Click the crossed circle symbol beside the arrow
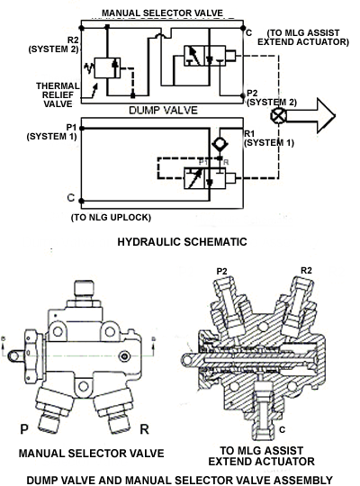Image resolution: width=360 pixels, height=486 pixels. click(x=278, y=116)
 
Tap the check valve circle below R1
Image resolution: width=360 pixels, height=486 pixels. click(x=220, y=144)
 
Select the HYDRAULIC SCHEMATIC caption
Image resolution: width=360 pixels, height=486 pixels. click(x=182, y=241)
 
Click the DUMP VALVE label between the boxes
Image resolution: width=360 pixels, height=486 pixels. click(x=163, y=110)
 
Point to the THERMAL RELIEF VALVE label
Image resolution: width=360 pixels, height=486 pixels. click(x=58, y=94)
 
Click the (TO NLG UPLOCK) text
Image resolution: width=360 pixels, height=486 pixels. click(x=111, y=217)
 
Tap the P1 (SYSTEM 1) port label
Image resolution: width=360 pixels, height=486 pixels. click(x=51, y=131)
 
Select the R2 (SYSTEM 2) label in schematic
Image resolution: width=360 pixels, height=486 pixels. click(x=53, y=45)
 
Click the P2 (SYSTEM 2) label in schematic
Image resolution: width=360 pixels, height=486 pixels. click(x=272, y=97)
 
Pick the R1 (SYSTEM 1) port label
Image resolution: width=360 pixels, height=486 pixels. click(x=269, y=139)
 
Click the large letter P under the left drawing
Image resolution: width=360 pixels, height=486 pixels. click(x=24, y=429)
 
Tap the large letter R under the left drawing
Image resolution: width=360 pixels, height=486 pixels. click(x=145, y=429)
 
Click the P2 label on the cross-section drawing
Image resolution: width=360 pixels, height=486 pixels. click(x=221, y=271)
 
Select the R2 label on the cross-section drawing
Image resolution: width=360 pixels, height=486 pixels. click(x=306, y=270)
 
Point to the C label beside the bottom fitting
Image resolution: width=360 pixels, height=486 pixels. click(x=282, y=429)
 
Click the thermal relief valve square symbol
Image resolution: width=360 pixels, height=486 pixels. click(x=107, y=67)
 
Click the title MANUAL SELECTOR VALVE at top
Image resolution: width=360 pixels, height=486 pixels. click(x=162, y=13)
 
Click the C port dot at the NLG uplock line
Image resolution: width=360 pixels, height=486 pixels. click(x=81, y=201)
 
